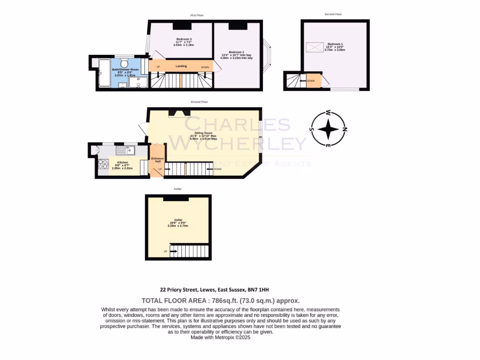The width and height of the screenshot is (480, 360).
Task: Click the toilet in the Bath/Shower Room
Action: pyautogui.click(x=125, y=62)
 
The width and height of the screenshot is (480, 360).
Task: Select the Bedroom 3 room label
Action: pyautogui.click(x=184, y=39)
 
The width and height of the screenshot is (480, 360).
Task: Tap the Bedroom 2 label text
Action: pyautogui.click(x=236, y=52)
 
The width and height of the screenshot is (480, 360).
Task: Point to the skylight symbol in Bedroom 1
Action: pyautogui.click(x=312, y=47)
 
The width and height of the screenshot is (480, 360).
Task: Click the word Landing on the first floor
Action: pyautogui.click(x=181, y=66)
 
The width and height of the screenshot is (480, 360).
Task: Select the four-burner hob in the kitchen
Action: pyautogui.click(x=103, y=164)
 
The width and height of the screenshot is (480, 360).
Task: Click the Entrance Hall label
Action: pyautogui.click(x=157, y=160)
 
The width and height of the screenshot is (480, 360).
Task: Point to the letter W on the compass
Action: pyautogui.click(x=329, y=112)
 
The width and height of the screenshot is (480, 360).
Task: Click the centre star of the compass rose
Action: pyautogui.click(x=330, y=129)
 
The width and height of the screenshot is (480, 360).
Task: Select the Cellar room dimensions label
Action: pyautogui.click(x=178, y=224)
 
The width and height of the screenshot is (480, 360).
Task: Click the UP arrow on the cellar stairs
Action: pyautogui.click(x=173, y=252)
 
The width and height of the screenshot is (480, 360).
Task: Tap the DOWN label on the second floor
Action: pyautogui.click(x=310, y=81)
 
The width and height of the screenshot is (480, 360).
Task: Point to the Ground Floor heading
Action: pyautogui.click(x=199, y=102)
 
